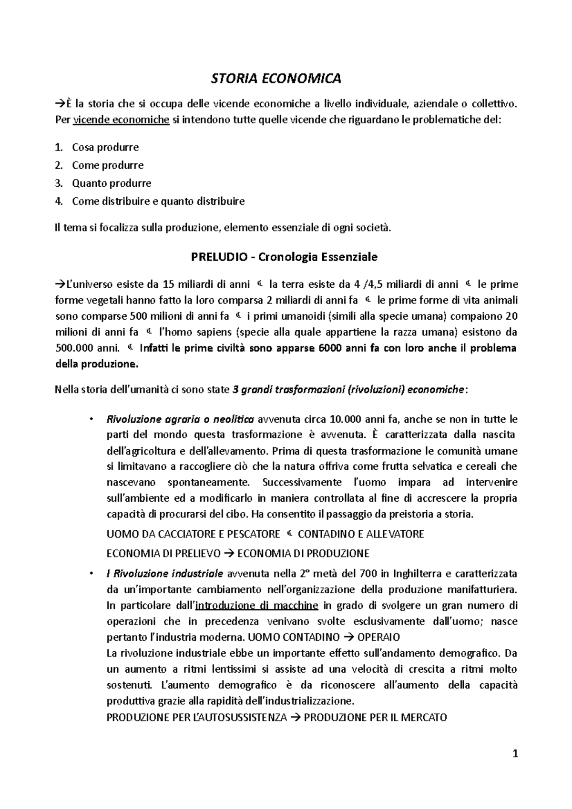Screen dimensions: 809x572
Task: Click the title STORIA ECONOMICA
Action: pos(276,79)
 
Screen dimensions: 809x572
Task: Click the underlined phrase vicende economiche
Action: pos(122,120)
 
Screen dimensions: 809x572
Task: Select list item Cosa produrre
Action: pos(105,147)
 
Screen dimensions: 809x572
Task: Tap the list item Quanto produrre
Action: pos(112,183)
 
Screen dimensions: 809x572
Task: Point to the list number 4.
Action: pos(59,201)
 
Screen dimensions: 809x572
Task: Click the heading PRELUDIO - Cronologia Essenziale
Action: pos(284,257)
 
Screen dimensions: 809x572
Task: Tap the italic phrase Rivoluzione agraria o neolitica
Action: pos(180,420)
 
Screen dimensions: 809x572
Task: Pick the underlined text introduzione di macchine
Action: pos(257,606)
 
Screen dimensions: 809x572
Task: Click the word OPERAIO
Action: pos(378,637)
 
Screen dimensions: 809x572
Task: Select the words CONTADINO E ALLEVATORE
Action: pos(361,534)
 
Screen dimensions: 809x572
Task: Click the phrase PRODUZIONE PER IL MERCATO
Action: pos(375,718)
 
